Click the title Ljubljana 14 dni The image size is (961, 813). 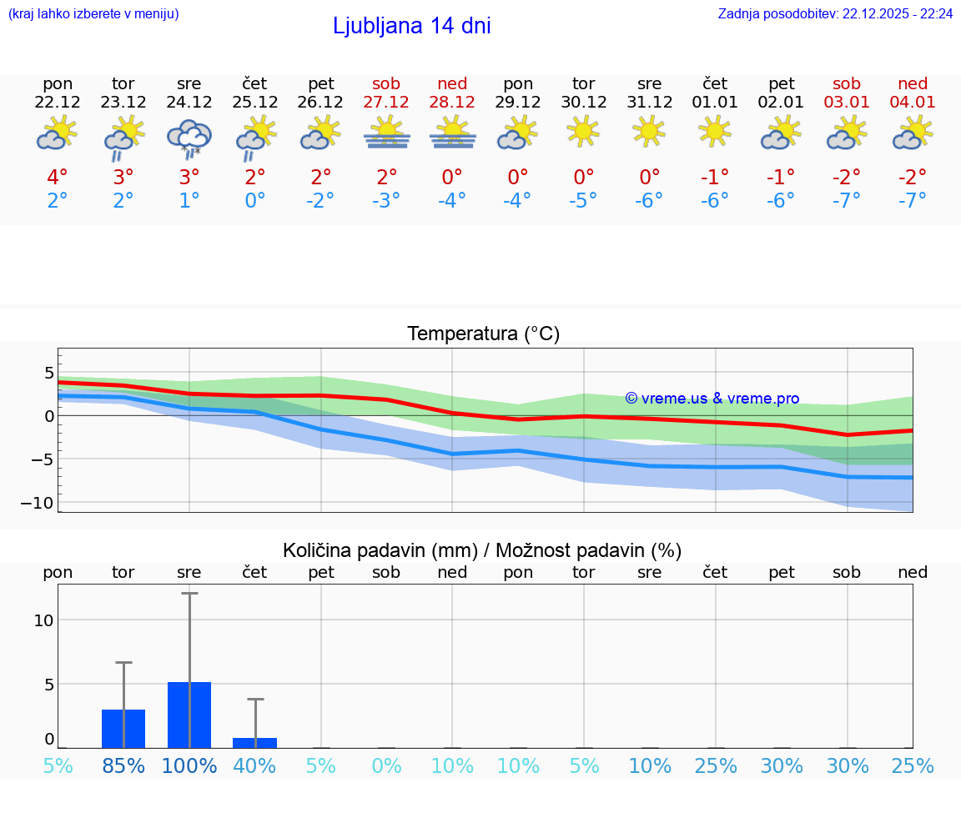(411, 26)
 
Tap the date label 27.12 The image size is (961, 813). (386, 103)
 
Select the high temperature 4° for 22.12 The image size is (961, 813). (58, 177)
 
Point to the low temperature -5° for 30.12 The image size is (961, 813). (583, 200)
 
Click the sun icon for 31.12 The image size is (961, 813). (649, 131)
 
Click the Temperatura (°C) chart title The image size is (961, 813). (483, 334)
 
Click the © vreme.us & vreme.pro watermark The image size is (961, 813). (712, 399)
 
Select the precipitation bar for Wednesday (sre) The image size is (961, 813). (189, 715)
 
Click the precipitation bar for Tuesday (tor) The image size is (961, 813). (123, 729)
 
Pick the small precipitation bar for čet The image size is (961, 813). (254, 743)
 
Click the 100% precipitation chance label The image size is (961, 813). (189, 766)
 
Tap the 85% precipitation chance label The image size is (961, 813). (123, 766)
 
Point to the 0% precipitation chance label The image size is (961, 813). (386, 766)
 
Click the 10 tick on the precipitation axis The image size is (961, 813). (43, 620)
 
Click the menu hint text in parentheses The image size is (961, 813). (93, 14)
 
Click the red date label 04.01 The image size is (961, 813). (913, 103)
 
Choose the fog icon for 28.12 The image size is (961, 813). (452, 133)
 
